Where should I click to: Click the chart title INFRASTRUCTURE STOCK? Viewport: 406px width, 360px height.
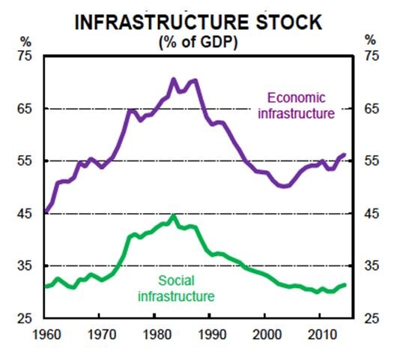click(200, 22)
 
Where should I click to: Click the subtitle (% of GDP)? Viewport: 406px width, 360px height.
click(199, 42)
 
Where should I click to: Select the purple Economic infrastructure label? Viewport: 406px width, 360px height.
click(300, 105)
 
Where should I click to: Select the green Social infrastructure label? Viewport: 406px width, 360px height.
click(176, 289)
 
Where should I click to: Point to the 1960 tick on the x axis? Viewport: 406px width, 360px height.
click(46, 333)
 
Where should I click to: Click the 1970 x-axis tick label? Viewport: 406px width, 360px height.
click(101, 333)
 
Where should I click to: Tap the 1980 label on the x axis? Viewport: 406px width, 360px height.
click(157, 333)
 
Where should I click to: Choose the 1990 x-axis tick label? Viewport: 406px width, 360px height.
click(211, 333)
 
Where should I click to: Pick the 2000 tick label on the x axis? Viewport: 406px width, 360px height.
click(266, 333)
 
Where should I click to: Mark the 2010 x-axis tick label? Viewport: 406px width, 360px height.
click(321, 333)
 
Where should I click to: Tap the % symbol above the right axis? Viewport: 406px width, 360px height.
click(370, 39)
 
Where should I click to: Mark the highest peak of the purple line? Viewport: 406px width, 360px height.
click(173, 79)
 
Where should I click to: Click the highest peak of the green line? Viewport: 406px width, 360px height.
click(173, 216)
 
